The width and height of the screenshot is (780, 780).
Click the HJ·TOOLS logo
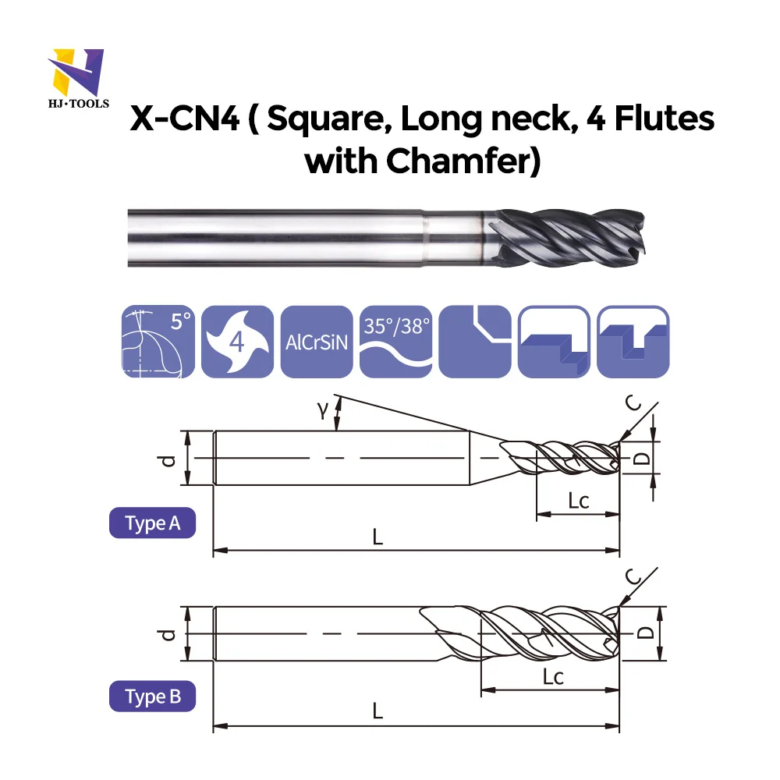coord(76,78)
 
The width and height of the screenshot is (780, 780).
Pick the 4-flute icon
coord(237,342)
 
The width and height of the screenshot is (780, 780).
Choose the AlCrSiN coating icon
coord(316,342)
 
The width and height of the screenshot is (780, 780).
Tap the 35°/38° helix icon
coord(396,342)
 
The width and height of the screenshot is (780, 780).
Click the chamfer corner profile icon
coord(475,342)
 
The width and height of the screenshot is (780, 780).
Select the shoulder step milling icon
coord(554,342)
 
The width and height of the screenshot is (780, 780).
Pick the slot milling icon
coord(633,342)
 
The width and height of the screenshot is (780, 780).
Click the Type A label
coord(152,523)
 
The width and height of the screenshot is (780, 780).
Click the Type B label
coord(152,697)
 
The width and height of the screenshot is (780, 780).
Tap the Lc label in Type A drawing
coord(577,501)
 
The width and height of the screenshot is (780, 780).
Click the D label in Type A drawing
coord(641,459)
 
